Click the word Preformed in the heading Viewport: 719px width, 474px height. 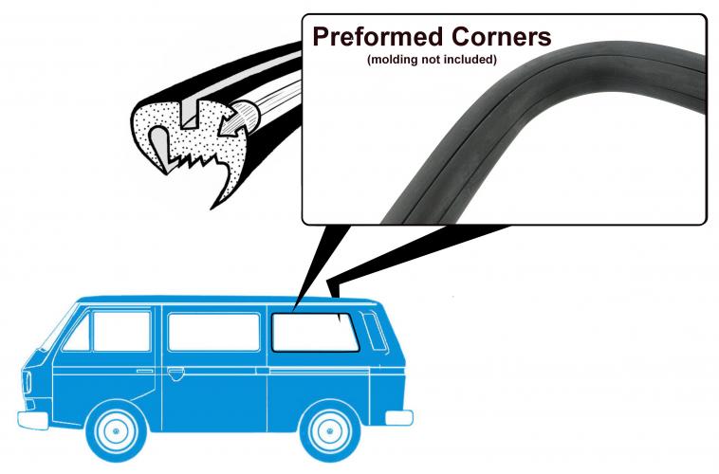point(378,37)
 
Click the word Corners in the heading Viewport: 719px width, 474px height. point(501,36)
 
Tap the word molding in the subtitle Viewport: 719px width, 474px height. point(393,60)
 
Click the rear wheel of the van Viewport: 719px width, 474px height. point(330,431)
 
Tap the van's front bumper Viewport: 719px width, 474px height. point(32,420)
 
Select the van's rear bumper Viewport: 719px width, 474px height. point(399,418)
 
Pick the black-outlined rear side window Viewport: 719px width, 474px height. point(315,333)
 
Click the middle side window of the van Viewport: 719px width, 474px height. point(213,332)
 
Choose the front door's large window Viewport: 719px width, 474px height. point(121,331)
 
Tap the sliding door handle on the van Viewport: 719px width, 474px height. point(175,374)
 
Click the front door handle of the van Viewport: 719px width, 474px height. point(145,371)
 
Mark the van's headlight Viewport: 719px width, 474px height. point(27,382)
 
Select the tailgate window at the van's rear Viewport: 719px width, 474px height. point(375,331)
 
